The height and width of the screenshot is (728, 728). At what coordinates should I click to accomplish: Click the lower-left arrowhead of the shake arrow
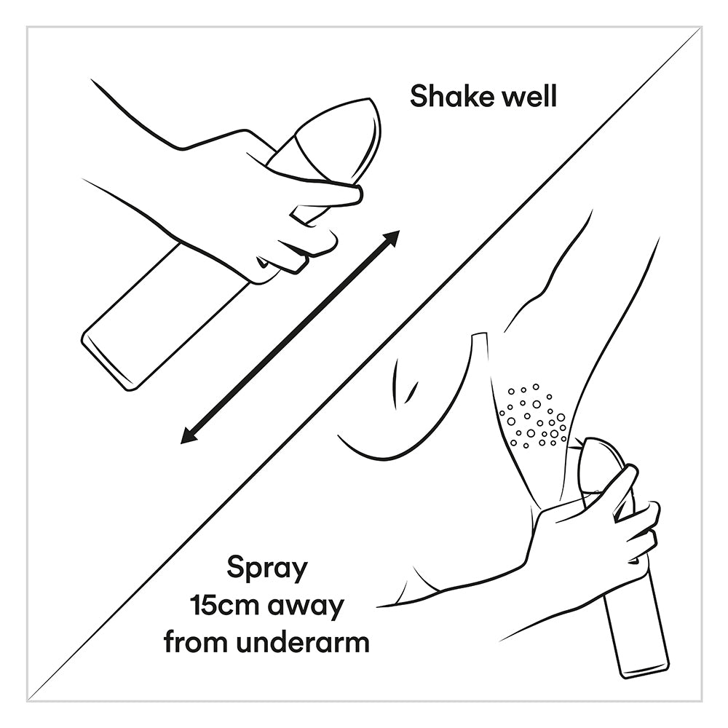189,436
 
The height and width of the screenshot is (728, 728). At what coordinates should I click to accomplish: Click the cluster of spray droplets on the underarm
534,416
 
